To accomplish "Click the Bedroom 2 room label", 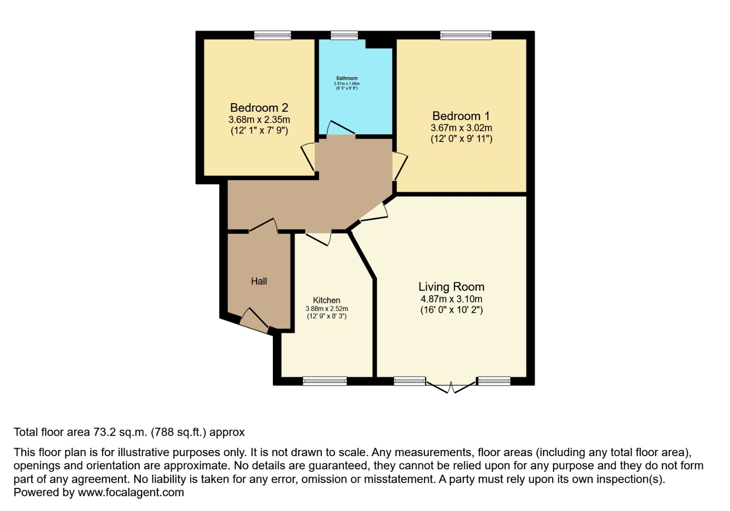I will coord(259,108).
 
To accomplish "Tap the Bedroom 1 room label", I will coord(461,116).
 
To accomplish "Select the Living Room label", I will coord(451,287).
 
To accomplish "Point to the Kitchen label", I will coord(326,300).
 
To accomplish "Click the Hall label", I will coord(259,282).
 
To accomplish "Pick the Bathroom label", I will coord(347,79).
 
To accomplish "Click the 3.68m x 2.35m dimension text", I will coord(259,120).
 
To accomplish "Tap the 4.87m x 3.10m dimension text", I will coord(451,299).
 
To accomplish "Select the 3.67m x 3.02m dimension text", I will coord(461,128).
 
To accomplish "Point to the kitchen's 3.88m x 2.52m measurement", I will coord(326,309).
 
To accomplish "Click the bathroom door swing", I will coord(339,128).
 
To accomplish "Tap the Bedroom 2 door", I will coord(309,156).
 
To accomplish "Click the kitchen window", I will coord(324,381).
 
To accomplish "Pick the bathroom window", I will coord(344,35).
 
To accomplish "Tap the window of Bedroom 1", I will coord(466,35).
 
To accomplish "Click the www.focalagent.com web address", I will coord(130,493).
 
